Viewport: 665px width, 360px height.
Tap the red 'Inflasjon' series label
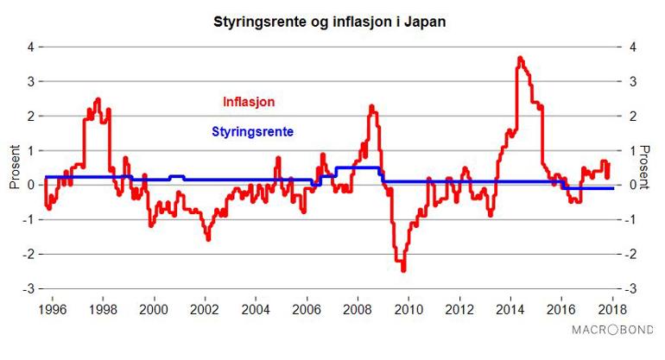tap(249, 102)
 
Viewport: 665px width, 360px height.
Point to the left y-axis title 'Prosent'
tap(15, 167)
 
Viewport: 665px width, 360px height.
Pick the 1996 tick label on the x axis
tap(53, 309)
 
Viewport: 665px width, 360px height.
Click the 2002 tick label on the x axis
tap(205, 309)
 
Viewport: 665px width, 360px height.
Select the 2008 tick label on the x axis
tap(358, 309)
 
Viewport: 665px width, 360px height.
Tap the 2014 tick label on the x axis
tap(510, 309)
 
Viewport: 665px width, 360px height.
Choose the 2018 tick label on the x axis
tap(612, 309)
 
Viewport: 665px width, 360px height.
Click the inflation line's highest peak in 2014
tap(519, 58)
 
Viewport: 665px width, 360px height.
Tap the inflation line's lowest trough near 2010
tap(403, 270)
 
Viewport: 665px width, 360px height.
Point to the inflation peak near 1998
tap(98, 99)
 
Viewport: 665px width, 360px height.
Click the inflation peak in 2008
tap(370, 106)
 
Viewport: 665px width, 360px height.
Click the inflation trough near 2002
tap(207, 239)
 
